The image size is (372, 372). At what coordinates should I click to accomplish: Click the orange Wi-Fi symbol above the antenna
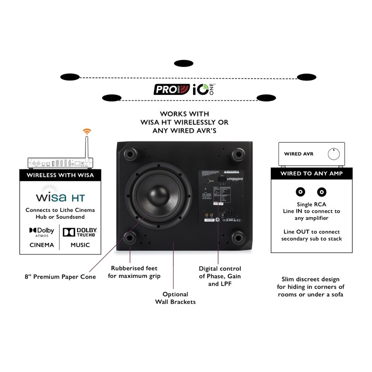(x=87, y=131)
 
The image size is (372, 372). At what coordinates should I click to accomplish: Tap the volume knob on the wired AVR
(x=333, y=154)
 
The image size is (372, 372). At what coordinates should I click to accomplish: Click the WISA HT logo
(x=60, y=193)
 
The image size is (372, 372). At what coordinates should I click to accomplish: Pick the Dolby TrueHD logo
(x=80, y=232)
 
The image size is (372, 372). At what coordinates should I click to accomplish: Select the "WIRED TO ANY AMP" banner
(x=311, y=173)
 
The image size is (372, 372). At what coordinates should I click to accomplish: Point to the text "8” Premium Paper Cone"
(x=60, y=277)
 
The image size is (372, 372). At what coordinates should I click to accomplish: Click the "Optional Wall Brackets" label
(x=175, y=298)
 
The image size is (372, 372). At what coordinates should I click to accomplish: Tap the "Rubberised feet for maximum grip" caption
(x=134, y=272)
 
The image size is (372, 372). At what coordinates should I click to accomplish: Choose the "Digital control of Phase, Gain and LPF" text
(x=220, y=276)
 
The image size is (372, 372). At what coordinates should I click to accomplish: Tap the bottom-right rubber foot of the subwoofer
(x=239, y=238)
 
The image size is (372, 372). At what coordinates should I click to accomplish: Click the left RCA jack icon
(x=300, y=192)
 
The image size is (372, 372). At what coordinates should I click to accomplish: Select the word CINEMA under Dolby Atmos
(x=42, y=245)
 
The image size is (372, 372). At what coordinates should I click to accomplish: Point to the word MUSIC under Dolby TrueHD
(x=80, y=245)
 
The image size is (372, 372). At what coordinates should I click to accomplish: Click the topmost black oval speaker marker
(x=183, y=63)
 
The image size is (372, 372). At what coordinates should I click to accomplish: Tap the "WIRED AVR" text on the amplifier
(x=299, y=154)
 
